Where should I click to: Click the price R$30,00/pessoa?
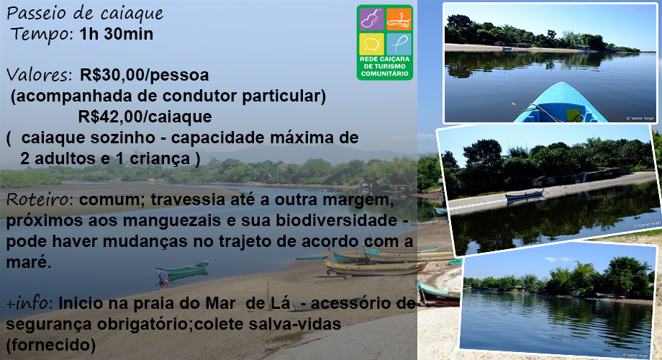(x=145, y=75)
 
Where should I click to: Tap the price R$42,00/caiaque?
(x=145, y=117)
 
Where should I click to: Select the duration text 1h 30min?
(x=116, y=34)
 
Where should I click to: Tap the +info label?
(x=30, y=303)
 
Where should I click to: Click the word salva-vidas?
(x=295, y=324)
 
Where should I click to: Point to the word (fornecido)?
(x=50, y=345)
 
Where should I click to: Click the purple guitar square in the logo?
(x=371, y=19)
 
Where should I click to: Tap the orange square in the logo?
(x=399, y=19)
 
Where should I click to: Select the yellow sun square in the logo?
(x=371, y=44)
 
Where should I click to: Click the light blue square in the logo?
(x=399, y=44)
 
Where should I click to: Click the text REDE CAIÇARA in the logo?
(x=385, y=60)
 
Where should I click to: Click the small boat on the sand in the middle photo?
(x=525, y=195)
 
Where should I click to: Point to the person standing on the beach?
(x=163, y=279)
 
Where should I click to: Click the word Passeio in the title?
(x=37, y=14)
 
